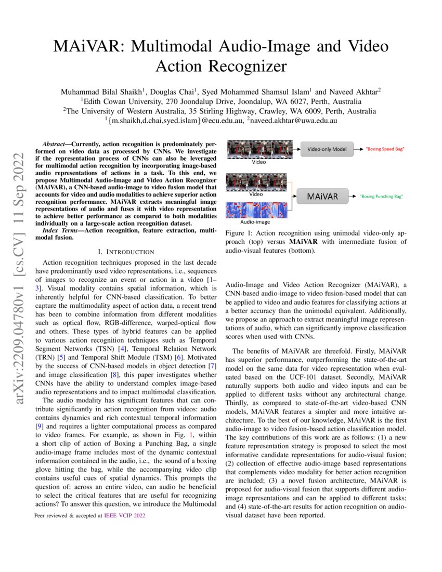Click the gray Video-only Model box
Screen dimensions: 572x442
[327, 149]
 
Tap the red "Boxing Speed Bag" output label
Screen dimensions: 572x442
[385, 149]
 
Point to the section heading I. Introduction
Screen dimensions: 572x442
[126, 252]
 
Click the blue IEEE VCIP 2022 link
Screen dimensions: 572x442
[125, 515]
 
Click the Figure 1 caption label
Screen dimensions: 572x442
[239, 233]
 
